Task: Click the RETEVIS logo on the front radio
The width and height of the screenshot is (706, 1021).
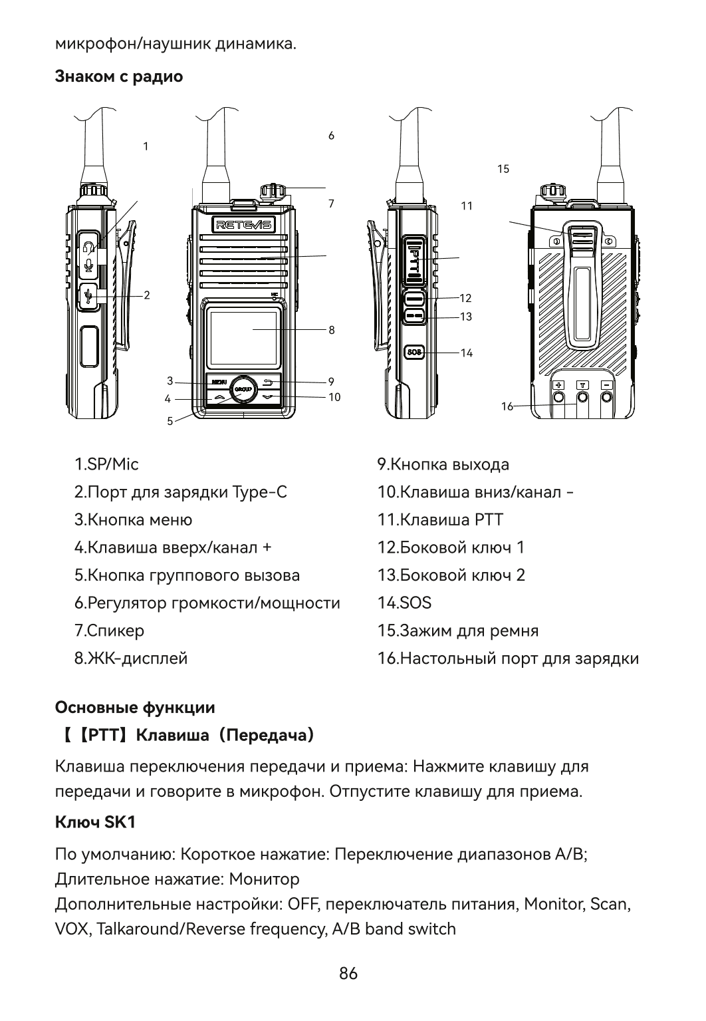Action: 243,225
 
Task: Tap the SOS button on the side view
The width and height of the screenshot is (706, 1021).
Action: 415,352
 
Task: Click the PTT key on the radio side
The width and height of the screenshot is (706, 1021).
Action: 414,257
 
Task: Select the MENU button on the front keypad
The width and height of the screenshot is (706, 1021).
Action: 219,382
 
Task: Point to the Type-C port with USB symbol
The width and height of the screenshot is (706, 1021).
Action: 88,296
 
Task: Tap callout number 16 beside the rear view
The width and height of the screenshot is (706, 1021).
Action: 507,406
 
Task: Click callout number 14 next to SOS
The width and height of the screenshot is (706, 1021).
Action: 467,353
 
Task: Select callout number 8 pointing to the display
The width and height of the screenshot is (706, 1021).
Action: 331,330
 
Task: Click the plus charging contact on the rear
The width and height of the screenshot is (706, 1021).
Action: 559,385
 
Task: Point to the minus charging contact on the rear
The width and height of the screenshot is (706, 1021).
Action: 607,385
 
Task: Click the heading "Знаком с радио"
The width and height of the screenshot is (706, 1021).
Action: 119,76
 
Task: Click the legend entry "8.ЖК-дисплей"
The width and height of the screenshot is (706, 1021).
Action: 131,658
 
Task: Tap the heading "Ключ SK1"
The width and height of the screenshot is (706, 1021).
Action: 95,822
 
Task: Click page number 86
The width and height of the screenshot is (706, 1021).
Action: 348,974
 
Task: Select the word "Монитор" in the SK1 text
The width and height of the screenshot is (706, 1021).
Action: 264,879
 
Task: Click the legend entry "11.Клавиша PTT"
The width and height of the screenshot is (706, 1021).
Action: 440,519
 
